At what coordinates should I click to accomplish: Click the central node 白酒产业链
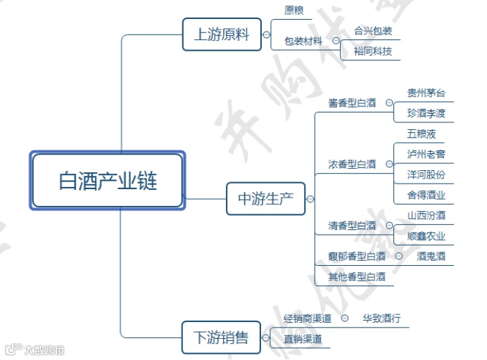tap(108, 181)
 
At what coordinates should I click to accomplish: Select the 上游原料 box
tap(221, 34)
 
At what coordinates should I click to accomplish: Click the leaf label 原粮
tap(294, 11)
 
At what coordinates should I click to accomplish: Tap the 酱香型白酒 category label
tap(352, 103)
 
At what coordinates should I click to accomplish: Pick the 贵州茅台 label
tap(426, 93)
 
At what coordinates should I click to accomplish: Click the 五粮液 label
tap(421, 133)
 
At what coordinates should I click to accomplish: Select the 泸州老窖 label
tap(426, 153)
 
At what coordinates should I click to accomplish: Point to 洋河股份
tap(426, 174)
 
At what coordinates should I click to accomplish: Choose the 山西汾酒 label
tap(426, 215)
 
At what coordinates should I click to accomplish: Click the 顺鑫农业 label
tap(426, 236)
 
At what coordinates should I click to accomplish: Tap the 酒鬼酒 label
tap(431, 257)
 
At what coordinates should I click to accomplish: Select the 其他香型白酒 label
tap(357, 277)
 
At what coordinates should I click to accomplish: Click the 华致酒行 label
tap(381, 319)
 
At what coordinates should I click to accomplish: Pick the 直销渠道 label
tap(303, 339)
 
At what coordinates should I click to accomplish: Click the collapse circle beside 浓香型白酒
tap(389, 165)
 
